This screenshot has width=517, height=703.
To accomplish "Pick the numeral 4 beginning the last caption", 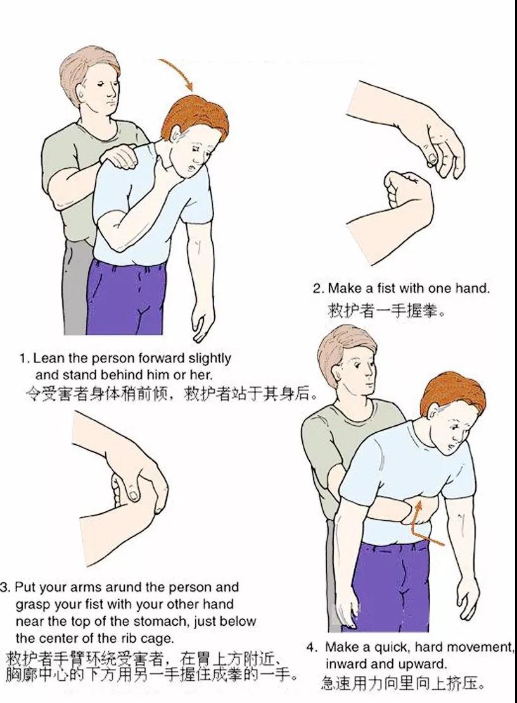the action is click(310, 647).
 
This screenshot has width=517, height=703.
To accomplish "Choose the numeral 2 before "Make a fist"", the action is click(317, 288).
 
